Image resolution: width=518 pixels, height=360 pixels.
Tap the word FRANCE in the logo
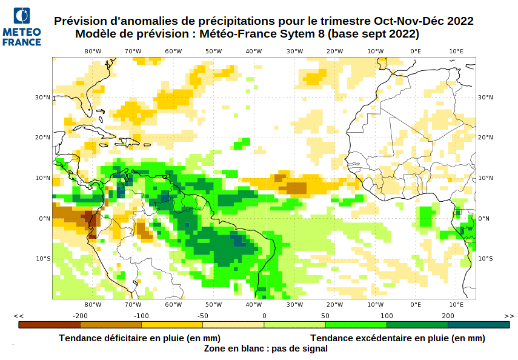point(22,42)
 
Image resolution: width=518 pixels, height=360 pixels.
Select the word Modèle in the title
point(95,35)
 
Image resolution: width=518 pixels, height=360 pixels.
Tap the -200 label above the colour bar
point(80,316)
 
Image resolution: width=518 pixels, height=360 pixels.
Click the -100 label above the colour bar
point(141,316)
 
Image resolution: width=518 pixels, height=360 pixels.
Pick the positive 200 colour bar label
point(448,316)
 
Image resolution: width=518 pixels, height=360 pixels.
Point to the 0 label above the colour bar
point(264,316)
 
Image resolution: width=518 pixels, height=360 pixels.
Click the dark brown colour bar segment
point(49,325)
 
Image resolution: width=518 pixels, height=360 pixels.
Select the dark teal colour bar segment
point(479,325)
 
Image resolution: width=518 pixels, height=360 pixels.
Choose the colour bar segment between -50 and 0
point(233,325)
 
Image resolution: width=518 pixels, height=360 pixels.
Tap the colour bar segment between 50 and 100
point(356,325)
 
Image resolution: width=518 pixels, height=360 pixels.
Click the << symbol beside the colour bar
point(19,316)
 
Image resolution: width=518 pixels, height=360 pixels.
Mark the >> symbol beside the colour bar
point(509,316)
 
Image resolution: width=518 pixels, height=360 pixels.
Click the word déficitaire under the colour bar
point(127,338)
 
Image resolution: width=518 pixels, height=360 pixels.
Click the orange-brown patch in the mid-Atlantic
point(296,188)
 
